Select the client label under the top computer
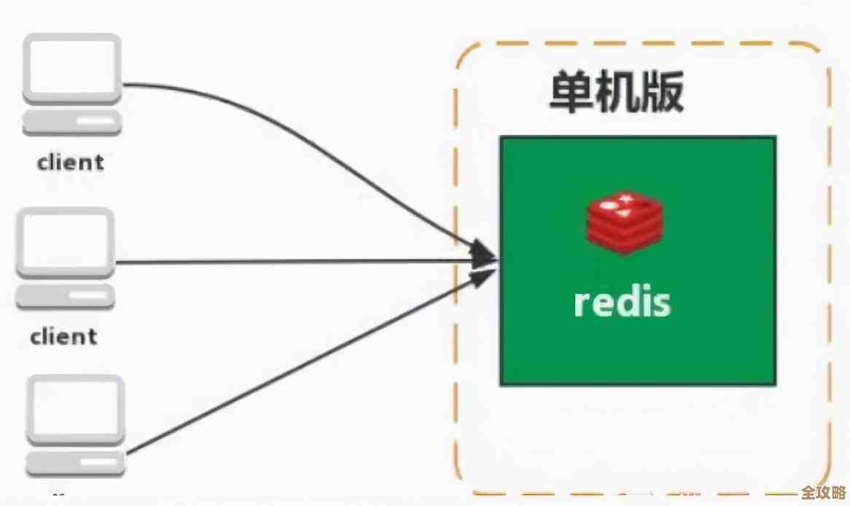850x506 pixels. click(x=70, y=162)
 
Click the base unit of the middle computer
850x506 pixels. click(x=66, y=295)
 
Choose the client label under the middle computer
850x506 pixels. click(x=64, y=337)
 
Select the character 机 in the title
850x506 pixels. click(x=617, y=93)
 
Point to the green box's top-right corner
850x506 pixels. click(x=775, y=138)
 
